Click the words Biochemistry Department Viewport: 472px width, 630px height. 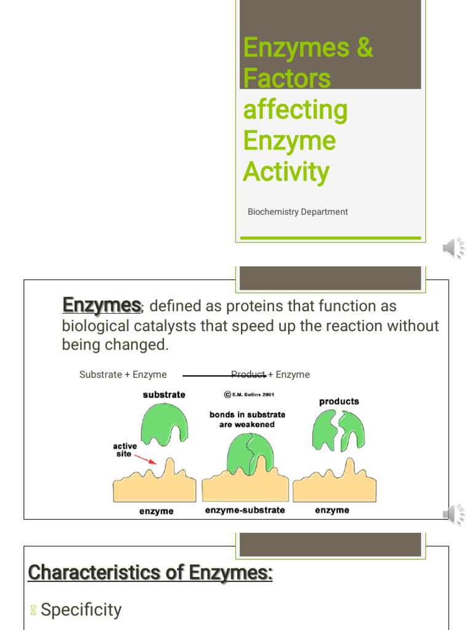297,212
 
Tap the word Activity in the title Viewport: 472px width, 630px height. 286,172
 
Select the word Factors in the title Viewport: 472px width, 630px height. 286,79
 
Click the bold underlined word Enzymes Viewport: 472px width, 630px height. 102,305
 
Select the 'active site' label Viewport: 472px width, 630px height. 125,450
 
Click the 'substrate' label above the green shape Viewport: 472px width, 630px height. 164,394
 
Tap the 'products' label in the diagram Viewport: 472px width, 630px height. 339,401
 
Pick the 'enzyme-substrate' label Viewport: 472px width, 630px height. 245,510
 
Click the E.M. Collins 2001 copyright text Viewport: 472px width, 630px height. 248,394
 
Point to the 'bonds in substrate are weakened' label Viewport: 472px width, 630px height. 246,420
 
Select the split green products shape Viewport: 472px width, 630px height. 338,430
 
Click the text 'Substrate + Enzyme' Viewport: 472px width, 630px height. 123,375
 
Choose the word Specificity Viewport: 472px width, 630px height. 81,610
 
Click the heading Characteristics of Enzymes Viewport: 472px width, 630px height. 151,573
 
